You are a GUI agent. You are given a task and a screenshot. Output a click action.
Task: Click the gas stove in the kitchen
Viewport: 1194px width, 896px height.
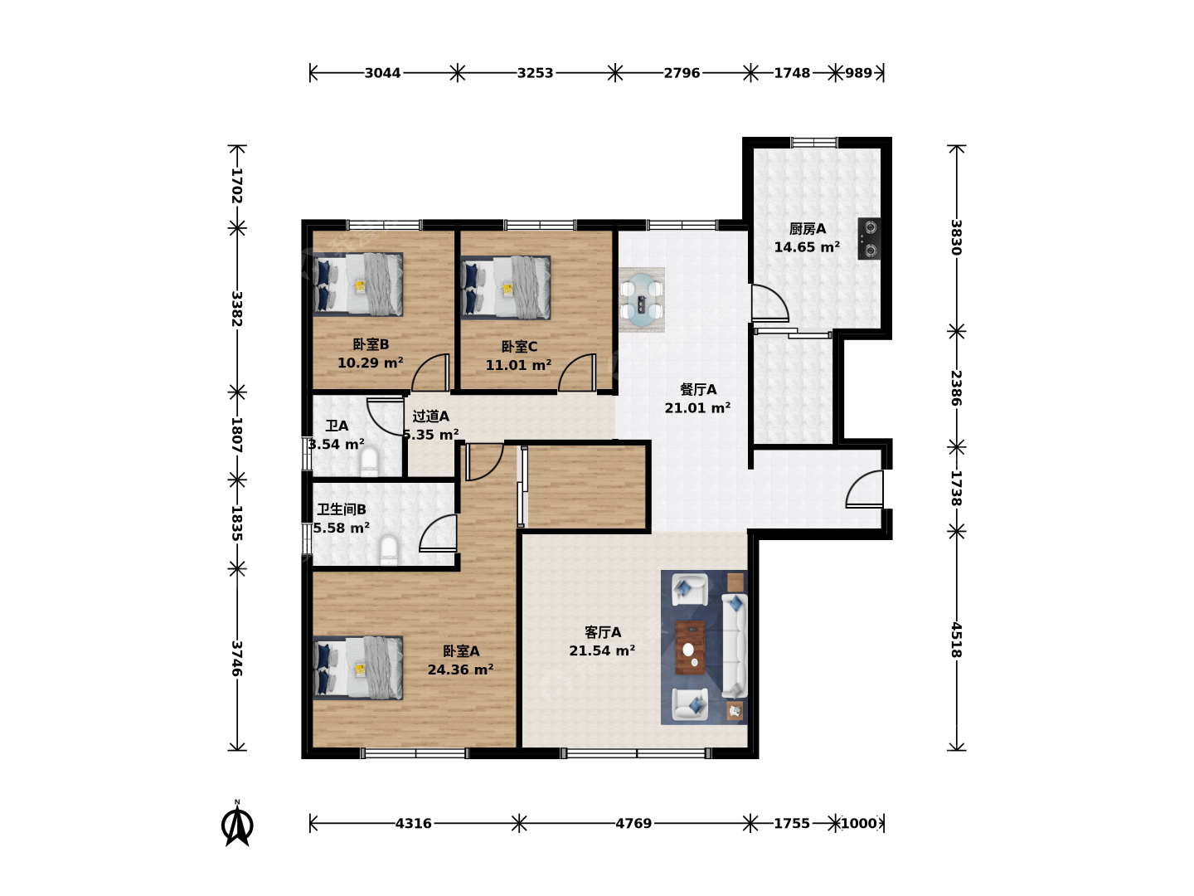869,239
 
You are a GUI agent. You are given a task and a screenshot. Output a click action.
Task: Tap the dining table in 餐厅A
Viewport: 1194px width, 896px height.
642,299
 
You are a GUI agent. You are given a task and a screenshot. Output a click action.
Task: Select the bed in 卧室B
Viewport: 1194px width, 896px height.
358,284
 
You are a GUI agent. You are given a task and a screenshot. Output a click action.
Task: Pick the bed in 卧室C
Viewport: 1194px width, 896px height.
506,288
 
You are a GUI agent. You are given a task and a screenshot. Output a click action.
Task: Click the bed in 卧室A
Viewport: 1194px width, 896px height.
358,668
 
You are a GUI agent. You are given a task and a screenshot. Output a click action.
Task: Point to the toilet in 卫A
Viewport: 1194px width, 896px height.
369,462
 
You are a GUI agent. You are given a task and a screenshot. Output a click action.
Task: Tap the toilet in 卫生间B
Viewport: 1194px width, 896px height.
388,550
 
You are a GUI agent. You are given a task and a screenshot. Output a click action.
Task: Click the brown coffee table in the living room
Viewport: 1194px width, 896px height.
690,647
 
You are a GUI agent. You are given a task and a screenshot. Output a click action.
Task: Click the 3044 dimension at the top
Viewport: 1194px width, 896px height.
382,73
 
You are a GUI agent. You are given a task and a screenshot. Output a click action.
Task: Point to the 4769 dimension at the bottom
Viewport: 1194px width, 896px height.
633,824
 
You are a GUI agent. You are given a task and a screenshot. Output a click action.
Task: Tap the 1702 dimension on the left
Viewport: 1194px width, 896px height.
236,186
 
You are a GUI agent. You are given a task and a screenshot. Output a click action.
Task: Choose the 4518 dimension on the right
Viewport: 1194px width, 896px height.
956,640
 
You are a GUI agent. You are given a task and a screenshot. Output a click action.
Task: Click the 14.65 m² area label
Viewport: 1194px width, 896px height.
807,247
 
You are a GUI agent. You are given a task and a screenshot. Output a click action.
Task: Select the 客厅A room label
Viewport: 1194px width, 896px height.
603,632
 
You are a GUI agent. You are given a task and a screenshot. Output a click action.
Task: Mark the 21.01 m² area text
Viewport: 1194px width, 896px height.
697,407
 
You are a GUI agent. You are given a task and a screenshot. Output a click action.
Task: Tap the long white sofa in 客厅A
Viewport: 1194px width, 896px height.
735,646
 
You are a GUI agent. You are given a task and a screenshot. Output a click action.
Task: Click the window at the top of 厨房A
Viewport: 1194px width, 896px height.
813,143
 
